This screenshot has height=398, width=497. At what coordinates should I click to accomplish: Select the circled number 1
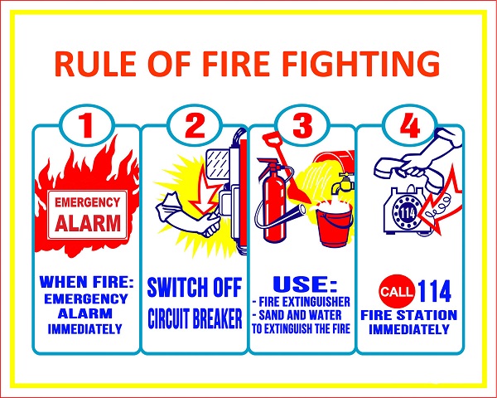coord(86,126)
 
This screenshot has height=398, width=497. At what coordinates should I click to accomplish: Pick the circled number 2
coord(194,125)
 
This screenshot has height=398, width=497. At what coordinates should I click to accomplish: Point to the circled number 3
coord(302,125)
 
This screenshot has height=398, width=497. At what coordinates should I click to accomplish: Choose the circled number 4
coord(409,125)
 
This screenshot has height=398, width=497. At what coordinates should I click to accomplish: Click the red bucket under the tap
coord(335,225)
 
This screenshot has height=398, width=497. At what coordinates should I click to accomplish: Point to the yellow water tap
coord(342,183)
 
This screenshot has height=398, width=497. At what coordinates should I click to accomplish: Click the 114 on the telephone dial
coord(408,214)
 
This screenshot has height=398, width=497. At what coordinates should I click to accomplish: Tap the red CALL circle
coord(397,291)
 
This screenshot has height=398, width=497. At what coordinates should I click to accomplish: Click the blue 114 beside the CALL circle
coord(434,291)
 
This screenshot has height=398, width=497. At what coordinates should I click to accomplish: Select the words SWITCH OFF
coord(195,288)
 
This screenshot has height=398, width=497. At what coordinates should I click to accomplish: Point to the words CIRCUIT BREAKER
coord(195,318)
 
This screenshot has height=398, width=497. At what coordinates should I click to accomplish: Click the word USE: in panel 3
coord(305,284)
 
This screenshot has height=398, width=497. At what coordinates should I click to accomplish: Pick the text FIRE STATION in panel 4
coord(409,315)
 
